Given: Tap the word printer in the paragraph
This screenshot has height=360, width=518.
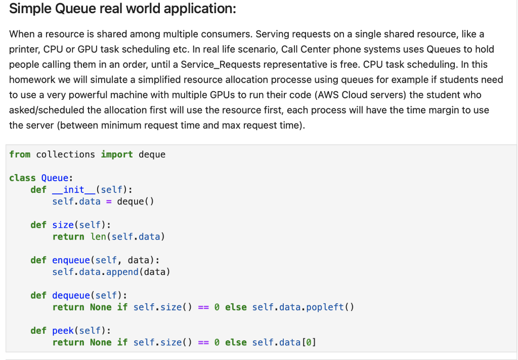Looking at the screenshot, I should [x=24, y=49].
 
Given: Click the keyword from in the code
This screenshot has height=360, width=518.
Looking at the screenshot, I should [x=20, y=154].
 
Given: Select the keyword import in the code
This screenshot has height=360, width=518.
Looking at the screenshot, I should [x=117, y=154].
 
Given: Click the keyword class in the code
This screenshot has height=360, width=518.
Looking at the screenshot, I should [x=22, y=178].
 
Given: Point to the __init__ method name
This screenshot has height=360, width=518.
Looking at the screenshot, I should [x=74, y=190].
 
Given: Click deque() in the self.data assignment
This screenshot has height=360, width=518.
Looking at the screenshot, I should [x=136, y=202].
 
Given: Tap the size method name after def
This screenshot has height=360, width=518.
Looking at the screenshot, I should [x=63, y=225].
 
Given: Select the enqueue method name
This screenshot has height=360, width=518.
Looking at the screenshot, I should [x=71, y=260].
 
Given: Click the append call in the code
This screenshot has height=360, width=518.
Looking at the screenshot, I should [x=122, y=272].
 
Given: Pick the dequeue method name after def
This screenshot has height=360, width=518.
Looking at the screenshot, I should [x=71, y=295].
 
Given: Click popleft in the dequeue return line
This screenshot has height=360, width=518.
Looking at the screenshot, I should [x=325, y=307].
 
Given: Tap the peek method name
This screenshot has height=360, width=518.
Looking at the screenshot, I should [x=63, y=331].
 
